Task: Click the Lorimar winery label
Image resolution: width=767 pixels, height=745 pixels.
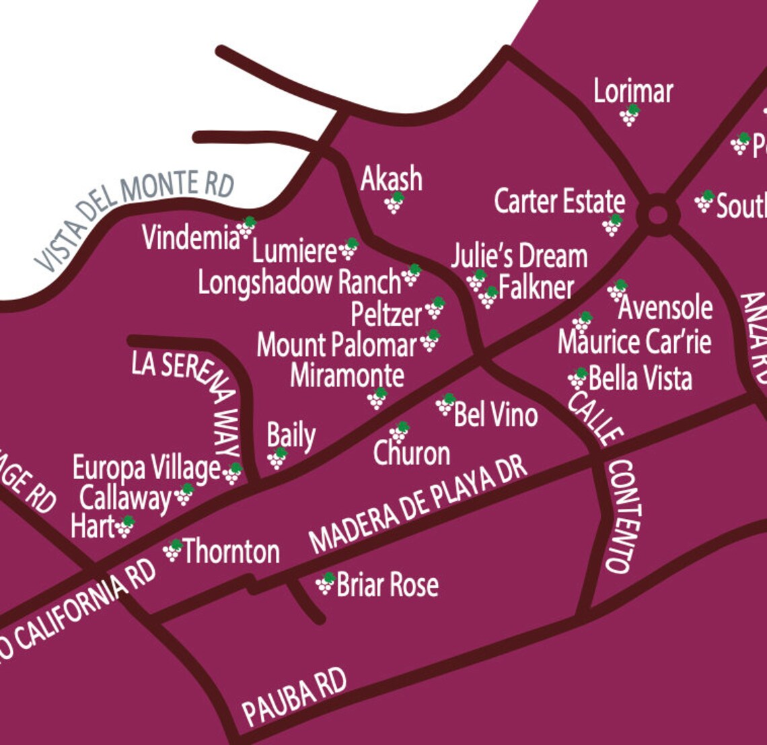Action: [632, 92]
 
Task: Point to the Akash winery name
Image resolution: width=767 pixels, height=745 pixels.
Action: [392, 179]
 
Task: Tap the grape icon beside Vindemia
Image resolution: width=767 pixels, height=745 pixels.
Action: [246, 227]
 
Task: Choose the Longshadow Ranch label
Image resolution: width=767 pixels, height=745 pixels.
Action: [299, 283]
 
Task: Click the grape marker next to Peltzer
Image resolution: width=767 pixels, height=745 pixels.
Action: [435, 308]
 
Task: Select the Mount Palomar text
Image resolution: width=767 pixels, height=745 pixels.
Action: [336, 345]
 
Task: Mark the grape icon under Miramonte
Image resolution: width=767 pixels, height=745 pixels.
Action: [377, 398]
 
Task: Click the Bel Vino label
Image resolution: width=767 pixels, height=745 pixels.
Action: [496, 415]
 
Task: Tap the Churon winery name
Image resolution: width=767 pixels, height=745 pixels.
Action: [412, 454]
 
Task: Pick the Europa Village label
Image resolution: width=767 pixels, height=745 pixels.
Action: [146, 468]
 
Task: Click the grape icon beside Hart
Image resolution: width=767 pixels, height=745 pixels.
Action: [124, 526]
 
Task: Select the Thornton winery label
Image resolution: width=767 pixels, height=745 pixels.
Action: [231, 552]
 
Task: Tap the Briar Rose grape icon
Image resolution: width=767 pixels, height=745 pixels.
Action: [326, 583]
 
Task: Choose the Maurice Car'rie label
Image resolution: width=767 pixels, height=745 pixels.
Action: [634, 342]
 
